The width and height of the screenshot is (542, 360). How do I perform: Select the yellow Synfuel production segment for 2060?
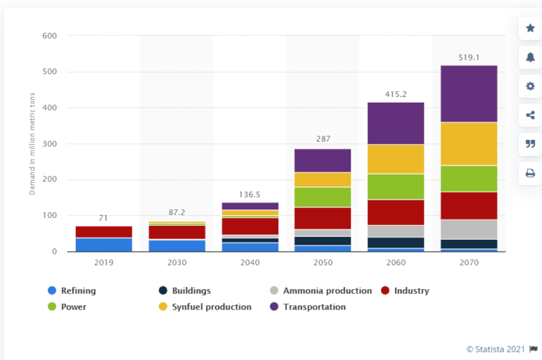pos(396,159)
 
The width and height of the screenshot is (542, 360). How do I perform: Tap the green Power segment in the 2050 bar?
pos(323,197)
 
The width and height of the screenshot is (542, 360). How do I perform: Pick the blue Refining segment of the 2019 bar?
pos(104,245)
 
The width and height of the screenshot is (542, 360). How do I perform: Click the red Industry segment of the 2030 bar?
pos(177,232)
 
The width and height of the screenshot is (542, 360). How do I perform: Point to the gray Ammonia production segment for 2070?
pos(469,229)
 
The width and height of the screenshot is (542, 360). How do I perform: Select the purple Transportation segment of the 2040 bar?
pos(250,206)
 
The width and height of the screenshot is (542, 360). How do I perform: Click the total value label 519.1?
pos(469,58)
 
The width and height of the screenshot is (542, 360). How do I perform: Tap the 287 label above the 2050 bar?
pos(323,139)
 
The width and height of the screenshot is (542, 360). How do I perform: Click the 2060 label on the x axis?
pos(396,262)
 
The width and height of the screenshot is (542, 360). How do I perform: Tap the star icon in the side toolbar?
pos(530,29)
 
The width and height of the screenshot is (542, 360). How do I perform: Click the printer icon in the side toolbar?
pos(530,173)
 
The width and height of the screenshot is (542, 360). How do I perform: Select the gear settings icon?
pos(530,86)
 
